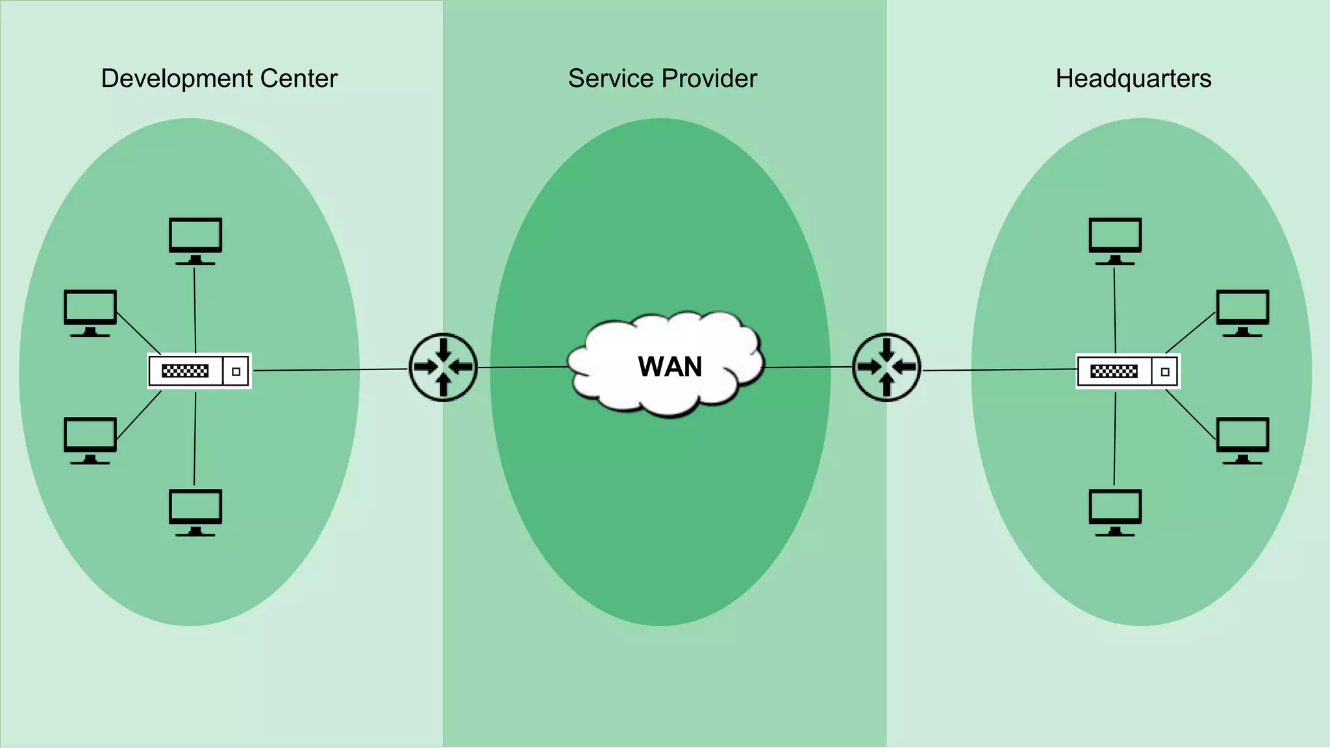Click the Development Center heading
point(219,79)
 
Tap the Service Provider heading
point(662,79)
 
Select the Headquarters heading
point(1133,79)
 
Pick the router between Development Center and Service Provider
point(443,368)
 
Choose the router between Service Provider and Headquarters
point(886,368)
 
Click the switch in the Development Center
point(199,371)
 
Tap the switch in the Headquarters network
point(1128,371)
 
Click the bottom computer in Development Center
point(195,512)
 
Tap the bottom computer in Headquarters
point(1115,512)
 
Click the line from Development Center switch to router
point(330,370)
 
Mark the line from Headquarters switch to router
point(1000,370)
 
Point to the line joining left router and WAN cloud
point(523,368)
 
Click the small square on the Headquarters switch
point(1165,372)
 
